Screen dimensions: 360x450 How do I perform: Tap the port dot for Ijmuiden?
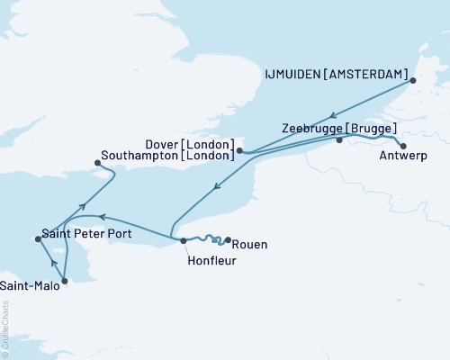[x=413, y=81]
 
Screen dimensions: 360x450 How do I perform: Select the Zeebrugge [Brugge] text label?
[x=338, y=128]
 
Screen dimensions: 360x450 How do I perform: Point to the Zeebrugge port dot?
[x=339, y=140]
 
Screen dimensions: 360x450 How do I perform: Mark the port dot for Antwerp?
[x=402, y=146]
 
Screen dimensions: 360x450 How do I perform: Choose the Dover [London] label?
[x=190, y=142]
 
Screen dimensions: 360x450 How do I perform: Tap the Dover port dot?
[x=239, y=151]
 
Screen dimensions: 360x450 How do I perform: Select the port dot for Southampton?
[x=98, y=163]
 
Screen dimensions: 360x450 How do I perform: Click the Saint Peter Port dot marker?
[x=37, y=238]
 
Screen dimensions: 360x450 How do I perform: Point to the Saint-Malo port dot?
[x=64, y=280]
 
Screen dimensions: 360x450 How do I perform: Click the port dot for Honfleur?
[x=183, y=240]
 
